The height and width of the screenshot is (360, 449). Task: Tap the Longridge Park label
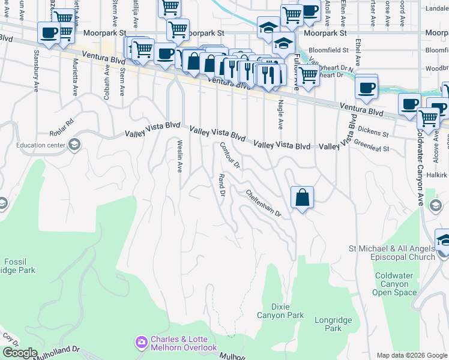pos(328,324)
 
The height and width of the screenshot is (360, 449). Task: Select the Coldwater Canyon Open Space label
pos(396,284)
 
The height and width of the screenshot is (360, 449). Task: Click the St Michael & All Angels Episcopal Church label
pos(392,253)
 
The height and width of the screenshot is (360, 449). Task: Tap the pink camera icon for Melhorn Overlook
pos(141,343)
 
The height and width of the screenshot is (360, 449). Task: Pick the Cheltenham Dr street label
pos(263,203)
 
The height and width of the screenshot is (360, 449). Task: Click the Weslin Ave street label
pos(179,156)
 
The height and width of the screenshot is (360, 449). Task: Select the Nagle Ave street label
pos(280,115)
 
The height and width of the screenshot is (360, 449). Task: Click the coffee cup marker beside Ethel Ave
pos(366,88)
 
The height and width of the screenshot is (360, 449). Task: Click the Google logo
pos(19,352)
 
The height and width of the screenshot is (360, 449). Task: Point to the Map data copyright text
pos(411,355)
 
